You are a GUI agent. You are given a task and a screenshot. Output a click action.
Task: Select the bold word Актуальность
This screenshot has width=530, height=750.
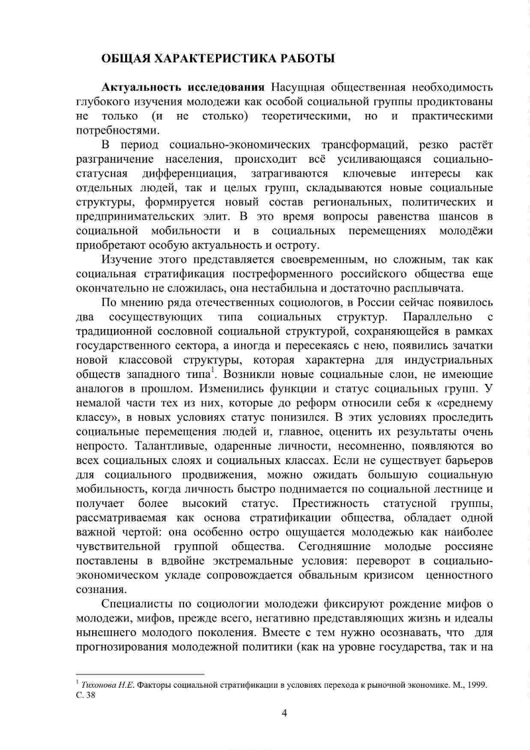(x=141, y=88)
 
